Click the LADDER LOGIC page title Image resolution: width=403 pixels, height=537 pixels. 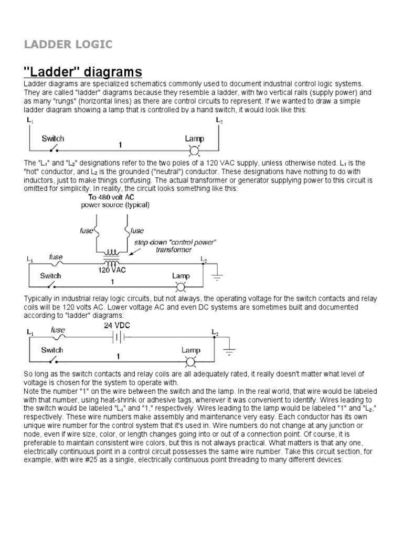tap(68, 44)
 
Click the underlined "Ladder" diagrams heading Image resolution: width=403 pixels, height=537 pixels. tap(83, 71)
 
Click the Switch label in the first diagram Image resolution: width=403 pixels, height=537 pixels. tap(53, 139)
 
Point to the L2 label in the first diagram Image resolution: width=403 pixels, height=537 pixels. tap(219, 120)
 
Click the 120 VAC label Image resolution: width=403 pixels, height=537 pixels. tap(111, 271)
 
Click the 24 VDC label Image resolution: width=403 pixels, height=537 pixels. tap(116, 325)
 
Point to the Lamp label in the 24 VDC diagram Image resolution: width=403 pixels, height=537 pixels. tap(190, 350)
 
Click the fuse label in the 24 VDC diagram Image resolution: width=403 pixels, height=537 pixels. tap(58, 330)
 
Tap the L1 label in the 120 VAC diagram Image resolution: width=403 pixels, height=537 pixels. tap(29, 259)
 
